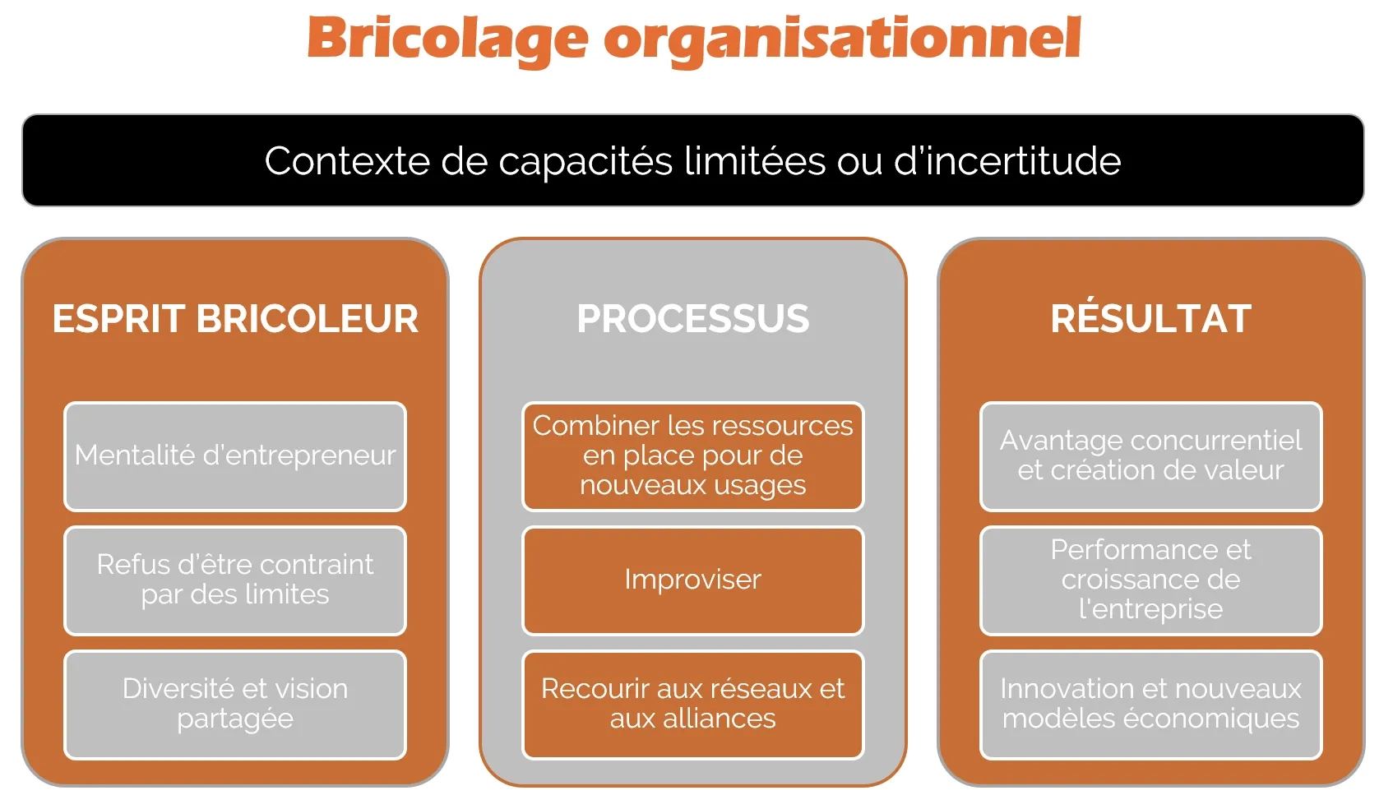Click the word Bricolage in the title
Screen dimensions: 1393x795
tap(447, 39)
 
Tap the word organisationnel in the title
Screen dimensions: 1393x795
tap(842, 39)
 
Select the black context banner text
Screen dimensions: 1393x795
tap(692, 161)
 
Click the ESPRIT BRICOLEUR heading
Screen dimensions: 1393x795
tap(235, 319)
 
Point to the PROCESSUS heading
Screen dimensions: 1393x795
tap(692, 319)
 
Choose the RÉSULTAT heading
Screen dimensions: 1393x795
tap(1150, 319)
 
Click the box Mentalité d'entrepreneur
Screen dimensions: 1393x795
tap(235, 456)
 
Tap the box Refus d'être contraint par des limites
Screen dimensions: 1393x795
tap(235, 580)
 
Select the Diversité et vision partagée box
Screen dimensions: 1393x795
tap(235, 704)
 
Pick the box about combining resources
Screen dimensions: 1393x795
tap(692, 456)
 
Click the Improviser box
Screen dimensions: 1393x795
tap(692, 580)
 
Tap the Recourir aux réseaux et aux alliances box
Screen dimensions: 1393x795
tap(692, 704)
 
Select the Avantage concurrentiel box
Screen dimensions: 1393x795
tap(1150, 456)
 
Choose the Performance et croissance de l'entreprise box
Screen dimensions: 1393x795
tap(1150, 580)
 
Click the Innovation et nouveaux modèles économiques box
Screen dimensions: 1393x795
tap(1150, 704)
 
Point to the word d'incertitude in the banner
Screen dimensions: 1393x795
tap(1007, 161)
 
